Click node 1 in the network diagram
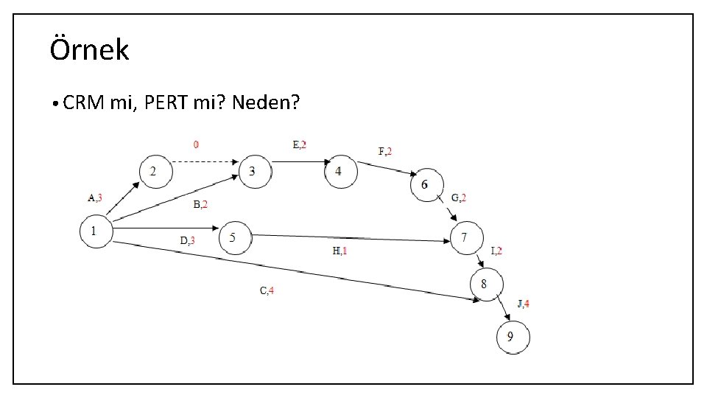pos(96,231)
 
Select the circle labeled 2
pos(155,171)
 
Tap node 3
pos(254,171)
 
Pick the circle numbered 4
pos(340,171)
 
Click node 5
pos(236,237)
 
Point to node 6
pos(426,184)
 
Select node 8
pos(487,284)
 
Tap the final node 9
pos(513,338)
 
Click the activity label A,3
pos(95,197)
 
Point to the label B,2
pos(201,204)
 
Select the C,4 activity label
pos(267,290)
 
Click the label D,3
pos(188,240)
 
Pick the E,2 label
pos(299,144)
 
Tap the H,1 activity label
pos(340,251)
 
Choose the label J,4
pos(524,303)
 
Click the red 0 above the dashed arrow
pos(196,144)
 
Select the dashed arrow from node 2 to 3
pos(205,161)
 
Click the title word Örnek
pos(89,50)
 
